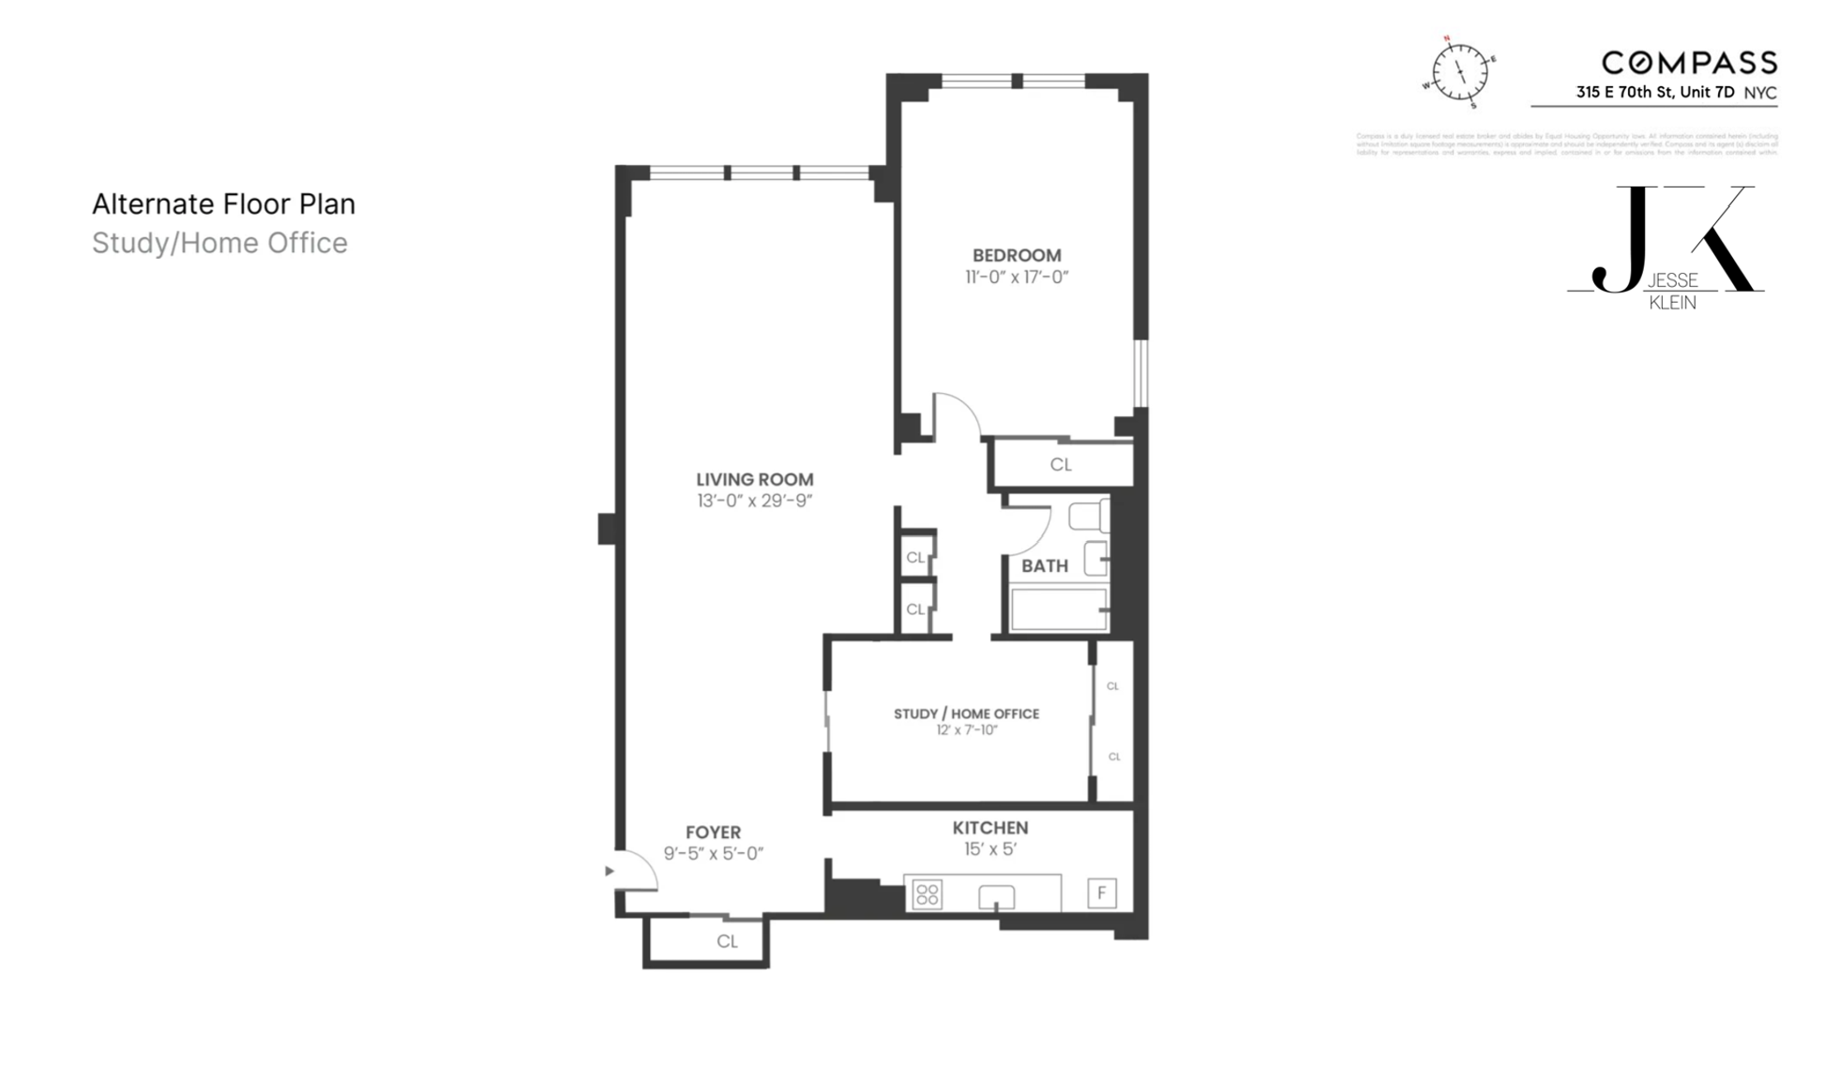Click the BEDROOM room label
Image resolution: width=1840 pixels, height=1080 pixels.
tap(1017, 255)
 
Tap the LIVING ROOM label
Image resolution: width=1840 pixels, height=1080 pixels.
tap(754, 479)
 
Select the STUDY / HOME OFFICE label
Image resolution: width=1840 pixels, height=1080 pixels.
tap(966, 713)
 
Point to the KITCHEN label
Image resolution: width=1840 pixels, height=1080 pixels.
tap(990, 828)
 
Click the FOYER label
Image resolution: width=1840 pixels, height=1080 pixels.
tap(713, 832)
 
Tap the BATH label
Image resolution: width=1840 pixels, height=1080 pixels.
tap(1044, 565)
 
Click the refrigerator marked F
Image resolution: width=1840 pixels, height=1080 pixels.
tap(1102, 892)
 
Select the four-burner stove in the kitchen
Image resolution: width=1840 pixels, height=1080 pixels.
tap(928, 894)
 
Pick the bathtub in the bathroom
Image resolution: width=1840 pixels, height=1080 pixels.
tap(1059, 608)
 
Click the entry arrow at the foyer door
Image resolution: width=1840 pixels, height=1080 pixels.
tap(610, 871)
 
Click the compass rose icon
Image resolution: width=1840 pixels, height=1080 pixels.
tap(1459, 72)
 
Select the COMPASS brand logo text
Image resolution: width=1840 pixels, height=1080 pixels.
tap(1689, 63)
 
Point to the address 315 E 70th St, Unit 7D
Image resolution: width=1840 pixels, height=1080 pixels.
tap(1655, 92)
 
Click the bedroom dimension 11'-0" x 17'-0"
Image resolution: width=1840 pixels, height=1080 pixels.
tap(1017, 277)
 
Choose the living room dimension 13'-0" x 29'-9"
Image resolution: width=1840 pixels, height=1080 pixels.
tap(754, 501)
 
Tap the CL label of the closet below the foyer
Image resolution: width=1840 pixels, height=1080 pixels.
tap(727, 941)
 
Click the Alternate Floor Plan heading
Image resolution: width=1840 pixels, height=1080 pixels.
tap(223, 203)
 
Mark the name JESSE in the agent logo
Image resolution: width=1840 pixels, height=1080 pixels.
tap(1673, 280)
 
